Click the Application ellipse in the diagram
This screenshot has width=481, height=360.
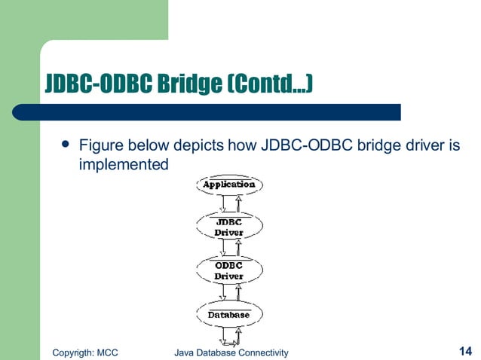tap(228, 185)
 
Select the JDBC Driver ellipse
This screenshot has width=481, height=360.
tap(228, 227)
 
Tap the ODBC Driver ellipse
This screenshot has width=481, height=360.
tap(228, 270)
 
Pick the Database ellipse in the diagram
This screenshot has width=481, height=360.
tap(228, 314)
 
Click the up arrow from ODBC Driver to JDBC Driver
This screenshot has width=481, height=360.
tap(238, 248)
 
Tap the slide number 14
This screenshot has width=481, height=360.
tap(464, 350)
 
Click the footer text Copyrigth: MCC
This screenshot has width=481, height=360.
tap(85, 352)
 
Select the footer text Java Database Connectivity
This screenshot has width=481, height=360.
tap(231, 352)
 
